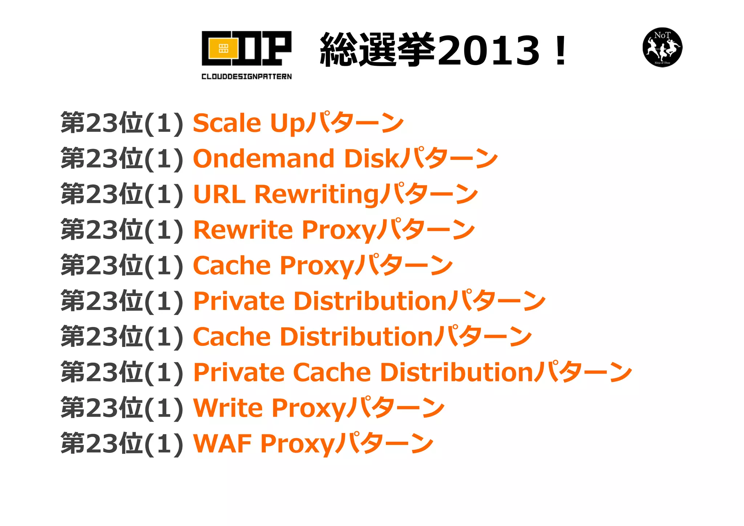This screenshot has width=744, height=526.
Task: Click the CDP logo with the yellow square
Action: [246, 48]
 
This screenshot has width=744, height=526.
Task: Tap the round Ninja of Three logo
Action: [662, 47]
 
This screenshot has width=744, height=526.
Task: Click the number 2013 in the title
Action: [489, 51]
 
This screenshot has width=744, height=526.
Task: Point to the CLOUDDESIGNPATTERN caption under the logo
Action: [246, 76]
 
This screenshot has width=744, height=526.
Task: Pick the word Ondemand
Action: [264, 159]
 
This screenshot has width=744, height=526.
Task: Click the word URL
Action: [219, 194]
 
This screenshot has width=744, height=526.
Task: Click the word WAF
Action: [222, 444]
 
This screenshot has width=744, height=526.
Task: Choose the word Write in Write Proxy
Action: [228, 408]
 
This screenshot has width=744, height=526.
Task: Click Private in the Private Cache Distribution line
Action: [239, 372]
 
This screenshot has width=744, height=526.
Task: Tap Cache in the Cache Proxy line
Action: [232, 266]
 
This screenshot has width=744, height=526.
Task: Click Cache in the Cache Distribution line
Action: [232, 337]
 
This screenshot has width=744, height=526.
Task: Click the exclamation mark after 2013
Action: [561, 51]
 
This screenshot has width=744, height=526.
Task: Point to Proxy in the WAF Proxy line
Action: [297, 444]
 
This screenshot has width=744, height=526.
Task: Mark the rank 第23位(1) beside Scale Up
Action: [122, 123]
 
